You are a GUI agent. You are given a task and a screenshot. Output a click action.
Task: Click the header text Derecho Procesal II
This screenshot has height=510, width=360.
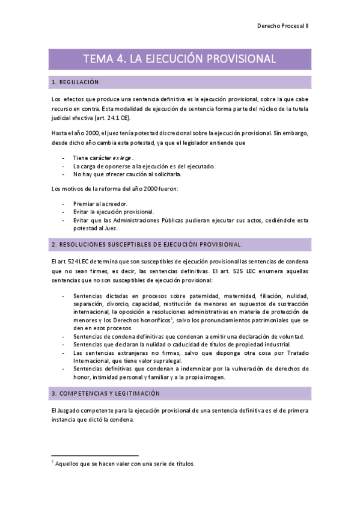(x=282, y=26)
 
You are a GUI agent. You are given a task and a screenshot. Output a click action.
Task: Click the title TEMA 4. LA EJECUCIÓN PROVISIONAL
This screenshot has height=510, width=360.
(x=180, y=59)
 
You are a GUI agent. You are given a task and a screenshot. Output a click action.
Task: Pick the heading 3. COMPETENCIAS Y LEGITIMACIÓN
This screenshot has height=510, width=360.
(x=106, y=393)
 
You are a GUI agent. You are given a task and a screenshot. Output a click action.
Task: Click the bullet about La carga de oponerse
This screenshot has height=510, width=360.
(x=135, y=166)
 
